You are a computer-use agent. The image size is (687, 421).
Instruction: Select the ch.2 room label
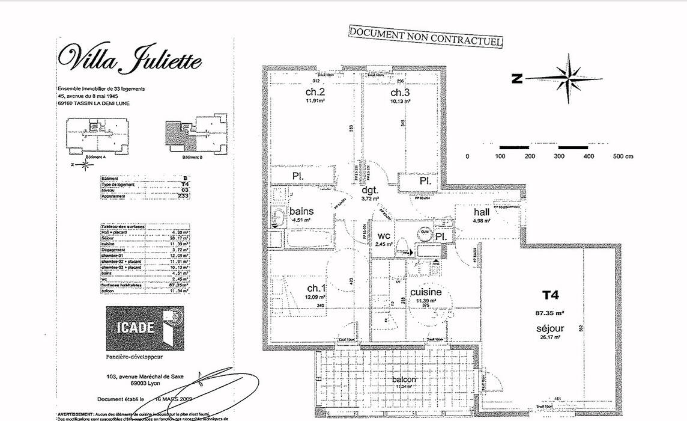click(x=315, y=92)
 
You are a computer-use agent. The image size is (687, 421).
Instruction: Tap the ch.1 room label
click(x=316, y=287)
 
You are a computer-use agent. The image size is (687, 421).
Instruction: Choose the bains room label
click(x=301, y=212)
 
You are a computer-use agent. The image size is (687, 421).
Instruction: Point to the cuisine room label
click(x=426, y=292)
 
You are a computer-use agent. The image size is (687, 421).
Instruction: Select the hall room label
click(x=482, y=212)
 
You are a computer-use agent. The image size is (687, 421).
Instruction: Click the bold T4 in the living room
click(x=550, y=295)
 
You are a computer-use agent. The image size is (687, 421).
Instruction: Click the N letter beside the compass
click(x=516, y=78)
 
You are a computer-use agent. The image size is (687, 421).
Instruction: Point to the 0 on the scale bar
click(x=468, y=156)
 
